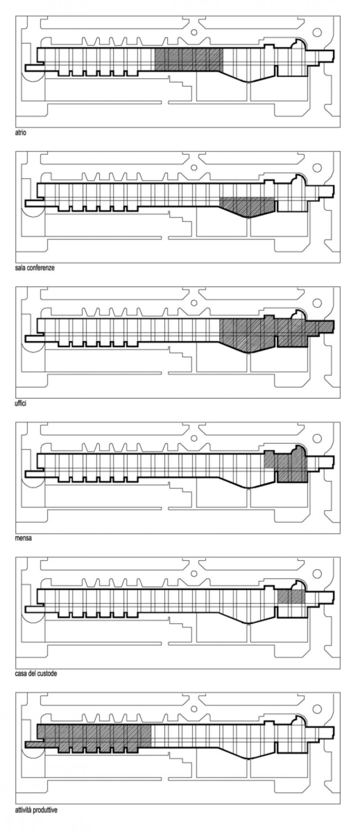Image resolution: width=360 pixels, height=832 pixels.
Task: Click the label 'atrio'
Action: [20, 133]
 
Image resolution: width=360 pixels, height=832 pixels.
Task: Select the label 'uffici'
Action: [21, 403]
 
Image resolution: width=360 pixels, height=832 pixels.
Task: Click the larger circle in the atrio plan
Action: [317, 32]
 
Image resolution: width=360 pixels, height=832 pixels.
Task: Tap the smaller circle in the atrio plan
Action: [194, 32]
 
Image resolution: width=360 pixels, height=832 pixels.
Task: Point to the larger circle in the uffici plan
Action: [317, 303]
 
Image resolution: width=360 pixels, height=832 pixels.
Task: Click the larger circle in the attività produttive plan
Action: [317, 708]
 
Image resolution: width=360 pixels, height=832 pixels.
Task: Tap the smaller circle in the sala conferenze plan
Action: [194, 167]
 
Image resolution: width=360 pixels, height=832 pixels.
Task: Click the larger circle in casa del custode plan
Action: [317, 573]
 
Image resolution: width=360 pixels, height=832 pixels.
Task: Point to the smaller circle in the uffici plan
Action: [194, 303]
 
